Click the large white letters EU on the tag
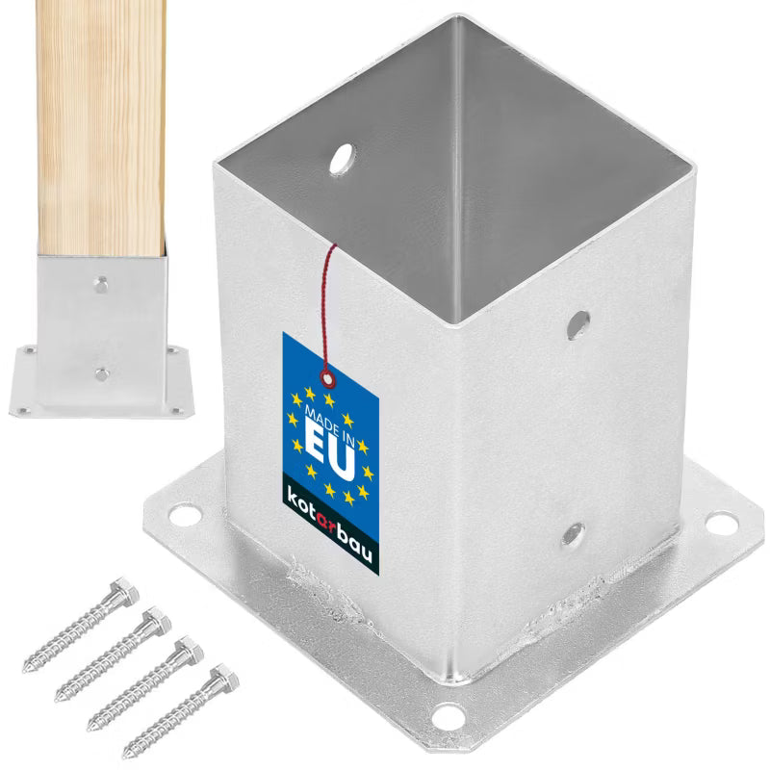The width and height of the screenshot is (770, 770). point(330,450)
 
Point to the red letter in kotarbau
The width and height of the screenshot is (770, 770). point(326,524)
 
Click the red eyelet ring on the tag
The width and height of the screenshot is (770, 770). point(327,378)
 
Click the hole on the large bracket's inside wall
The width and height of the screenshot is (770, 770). point(343,159)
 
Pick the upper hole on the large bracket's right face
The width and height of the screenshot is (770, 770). point(578,324)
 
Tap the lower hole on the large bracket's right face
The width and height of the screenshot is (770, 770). point(573,535)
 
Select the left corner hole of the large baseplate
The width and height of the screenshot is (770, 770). point(185,516)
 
